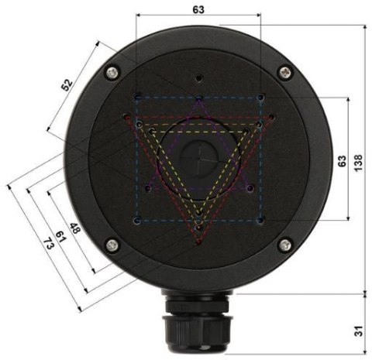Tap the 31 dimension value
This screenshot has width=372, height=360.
click(357, 331)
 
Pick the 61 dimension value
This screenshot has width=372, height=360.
click(59, 237)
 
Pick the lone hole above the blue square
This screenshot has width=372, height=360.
click(199, 78)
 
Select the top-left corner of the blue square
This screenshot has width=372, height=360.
click(137, 98)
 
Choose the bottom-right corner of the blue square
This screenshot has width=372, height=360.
click(261, 221)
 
